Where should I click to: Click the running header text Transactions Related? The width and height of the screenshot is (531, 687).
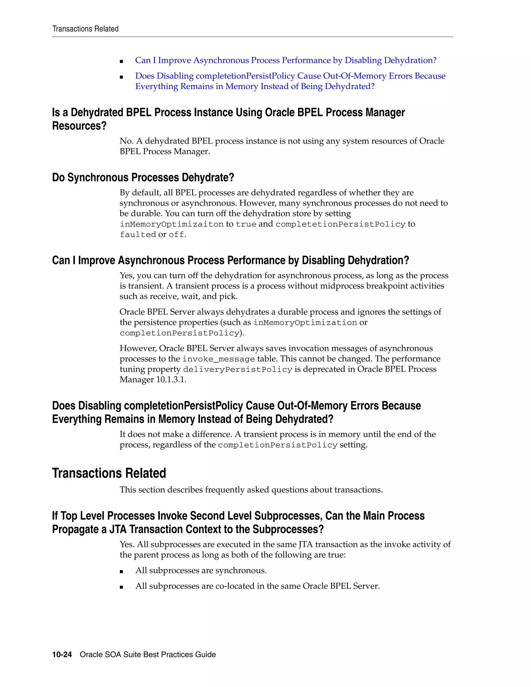point(85,29)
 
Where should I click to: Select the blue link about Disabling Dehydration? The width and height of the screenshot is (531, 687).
point(286,60)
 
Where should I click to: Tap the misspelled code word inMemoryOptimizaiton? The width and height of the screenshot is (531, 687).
point(171,224)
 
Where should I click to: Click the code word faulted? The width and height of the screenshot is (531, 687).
point(138,235)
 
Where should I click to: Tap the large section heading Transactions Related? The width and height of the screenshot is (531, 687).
point(109,473)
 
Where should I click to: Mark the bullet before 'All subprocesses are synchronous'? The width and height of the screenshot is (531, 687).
point(121,571)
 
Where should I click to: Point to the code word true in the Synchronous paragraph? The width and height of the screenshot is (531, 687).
point(246,224)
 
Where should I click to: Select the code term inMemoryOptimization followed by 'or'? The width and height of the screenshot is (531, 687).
point(305,323)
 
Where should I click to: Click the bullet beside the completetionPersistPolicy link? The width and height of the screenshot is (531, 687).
point(121,77)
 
